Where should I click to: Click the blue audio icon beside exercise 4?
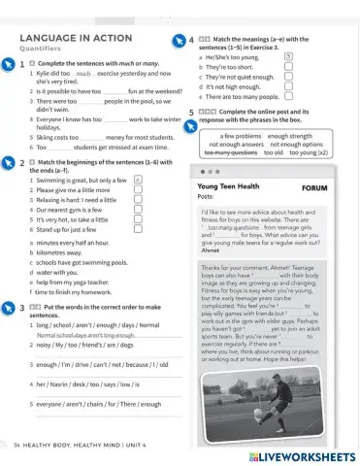click(x=179, y=41)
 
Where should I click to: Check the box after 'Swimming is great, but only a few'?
click(x=138, y=180)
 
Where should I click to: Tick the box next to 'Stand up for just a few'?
click(x=138, y=228)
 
